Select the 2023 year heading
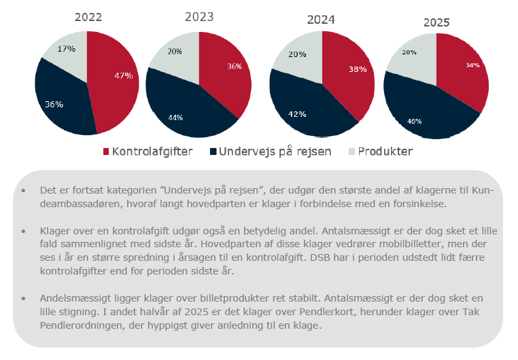click(198, 16)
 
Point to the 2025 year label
click(436, 22)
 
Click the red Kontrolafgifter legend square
click(106, 151)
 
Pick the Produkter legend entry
click(385, 151)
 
